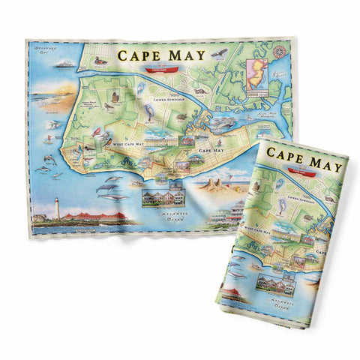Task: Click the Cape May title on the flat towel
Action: point(160,55)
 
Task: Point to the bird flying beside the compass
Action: point(218,54)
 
